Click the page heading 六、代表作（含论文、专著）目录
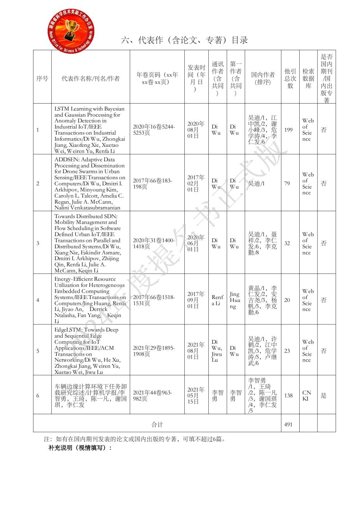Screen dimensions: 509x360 [x=184, y=40]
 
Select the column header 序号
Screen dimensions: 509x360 [x=42, y=78]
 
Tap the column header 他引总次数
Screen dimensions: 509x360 [x=290, y=78]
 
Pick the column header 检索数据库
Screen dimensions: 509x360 [x=308, y=78]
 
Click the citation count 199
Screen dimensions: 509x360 [x=288, y=130]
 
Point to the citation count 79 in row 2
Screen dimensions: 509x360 [x=287, y=183]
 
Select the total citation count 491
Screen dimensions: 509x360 [x=288, y=424]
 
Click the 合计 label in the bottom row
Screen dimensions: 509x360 [x=157, y=424]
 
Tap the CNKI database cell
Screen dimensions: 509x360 [x=307, y=396]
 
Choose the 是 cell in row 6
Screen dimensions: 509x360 [x=324, y=396]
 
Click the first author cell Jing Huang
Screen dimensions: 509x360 [x=235, y=300]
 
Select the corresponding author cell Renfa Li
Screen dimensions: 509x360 [x=217, y=300]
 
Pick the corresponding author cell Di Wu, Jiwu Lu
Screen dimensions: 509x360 [x=217, y=351]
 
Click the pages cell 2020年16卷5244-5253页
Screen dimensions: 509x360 [x=154, y=130]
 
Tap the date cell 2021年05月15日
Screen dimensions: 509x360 [x=196, y=396]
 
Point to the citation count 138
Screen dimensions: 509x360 [x=288, y=396]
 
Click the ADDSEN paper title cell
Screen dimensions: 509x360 [x=90, y=183]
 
